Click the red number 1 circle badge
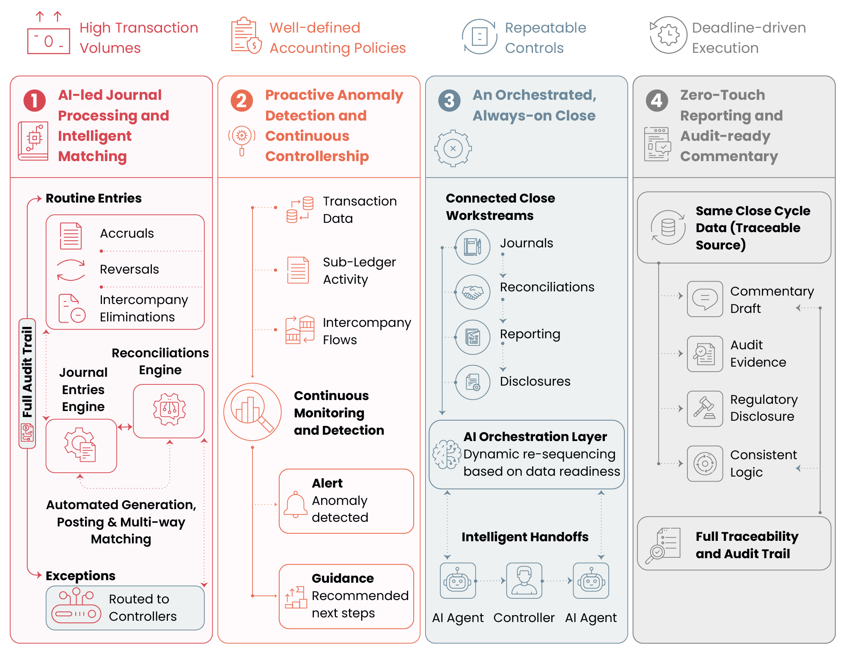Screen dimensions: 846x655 [35, 101]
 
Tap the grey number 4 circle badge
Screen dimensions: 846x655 [657, 101]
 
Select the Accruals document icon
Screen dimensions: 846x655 [71, 236]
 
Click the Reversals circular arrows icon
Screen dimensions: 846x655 [71, 270]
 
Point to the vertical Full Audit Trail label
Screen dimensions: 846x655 [27, 372]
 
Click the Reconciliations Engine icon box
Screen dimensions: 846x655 [169, 411]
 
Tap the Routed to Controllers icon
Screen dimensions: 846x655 [76, 607]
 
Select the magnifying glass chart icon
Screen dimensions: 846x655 [253, 412]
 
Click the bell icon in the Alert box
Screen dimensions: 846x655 [295, 504]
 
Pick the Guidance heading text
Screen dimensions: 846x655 [343, 578]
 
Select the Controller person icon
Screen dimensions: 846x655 [524, 581]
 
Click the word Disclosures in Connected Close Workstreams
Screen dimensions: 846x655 [535, 381]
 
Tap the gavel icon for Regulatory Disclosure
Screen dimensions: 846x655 [705, 408]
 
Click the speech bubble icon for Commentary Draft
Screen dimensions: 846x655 [705, 299]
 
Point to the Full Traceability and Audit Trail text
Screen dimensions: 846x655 [747, 545]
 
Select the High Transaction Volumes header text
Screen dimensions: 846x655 [139, 38]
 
